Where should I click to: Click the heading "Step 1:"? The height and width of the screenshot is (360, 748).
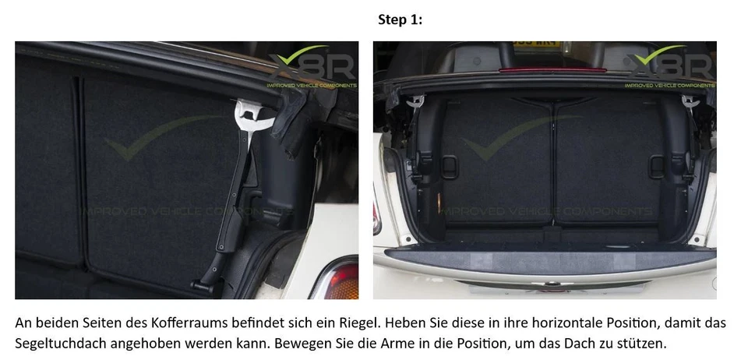(400, 20)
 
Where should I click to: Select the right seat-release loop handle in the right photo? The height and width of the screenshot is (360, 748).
(660, 165)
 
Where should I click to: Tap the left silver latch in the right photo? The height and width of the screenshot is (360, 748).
(418, 101)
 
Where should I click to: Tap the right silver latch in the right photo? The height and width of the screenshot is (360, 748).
(690, 101)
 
